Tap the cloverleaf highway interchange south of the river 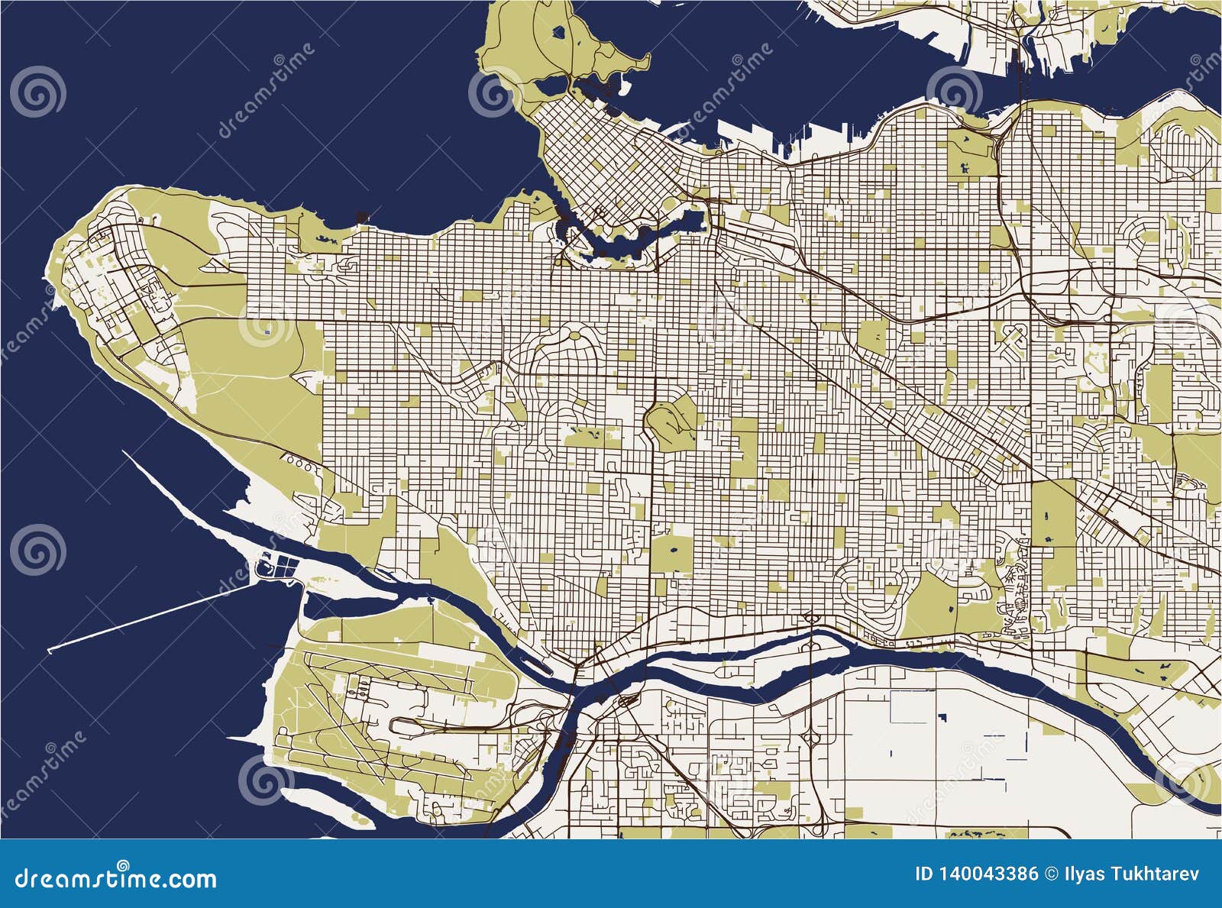814,736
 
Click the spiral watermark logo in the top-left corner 37,92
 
